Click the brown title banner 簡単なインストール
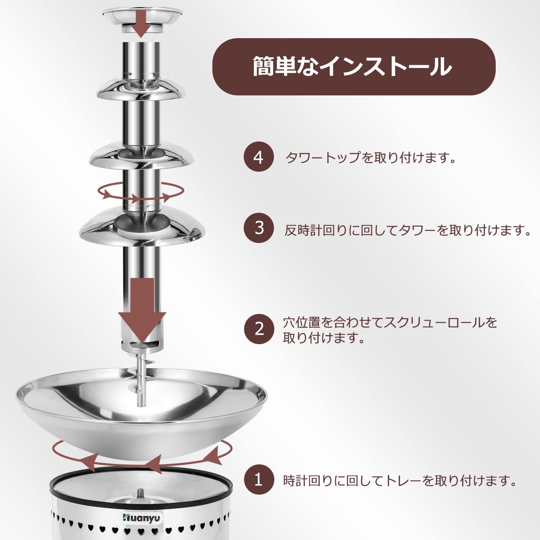[x=354, y=67]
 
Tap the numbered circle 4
[x=258, y=157]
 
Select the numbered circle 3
[x=258, y=228]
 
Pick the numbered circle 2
[x=258, y=329]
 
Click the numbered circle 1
[x=258, y=480]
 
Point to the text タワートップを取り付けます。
[x=371, y=158]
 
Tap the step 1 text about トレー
[x=400, y=481]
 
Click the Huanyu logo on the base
[x=141, y=518]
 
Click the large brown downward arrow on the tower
[x=142, y=310]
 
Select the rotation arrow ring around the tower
[x=140, y=191]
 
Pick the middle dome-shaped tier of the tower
[x=141, y=155]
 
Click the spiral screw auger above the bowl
[x=141, y=374]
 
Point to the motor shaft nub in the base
[x=140, y=492]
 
